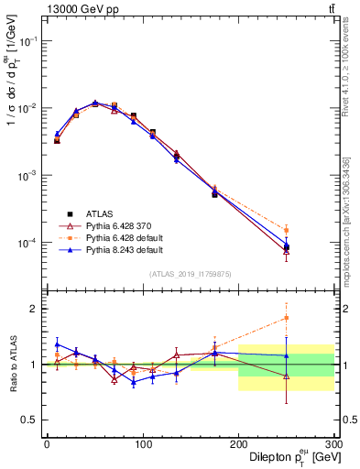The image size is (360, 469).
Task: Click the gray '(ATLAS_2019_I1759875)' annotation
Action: pyautogui.click(x=190, y=273)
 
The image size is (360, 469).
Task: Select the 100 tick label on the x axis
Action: pyautogui.click(x=142, y=443)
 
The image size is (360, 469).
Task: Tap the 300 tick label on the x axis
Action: pyautogui.click(x=333, y=443)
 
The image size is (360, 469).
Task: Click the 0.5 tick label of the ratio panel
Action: pyautogui.click(x=29, y=420)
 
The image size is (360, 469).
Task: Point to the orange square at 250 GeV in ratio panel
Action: pyautogui.click(x=287, y=318)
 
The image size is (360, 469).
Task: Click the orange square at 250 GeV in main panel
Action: pyautogui.click(x=287, y=230)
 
